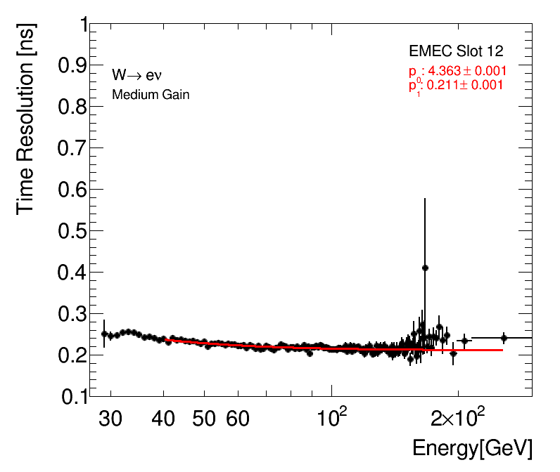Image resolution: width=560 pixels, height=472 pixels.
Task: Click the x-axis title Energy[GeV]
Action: (472, 448)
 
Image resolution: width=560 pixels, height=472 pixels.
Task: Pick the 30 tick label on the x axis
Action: (110, 419)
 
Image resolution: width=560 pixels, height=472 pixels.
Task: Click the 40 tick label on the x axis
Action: (164, 419)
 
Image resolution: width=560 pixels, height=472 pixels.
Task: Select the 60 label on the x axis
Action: (238, 419)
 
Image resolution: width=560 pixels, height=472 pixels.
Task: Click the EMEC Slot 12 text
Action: (456, 52)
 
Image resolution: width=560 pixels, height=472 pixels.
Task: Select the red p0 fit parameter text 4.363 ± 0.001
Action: (457, 71)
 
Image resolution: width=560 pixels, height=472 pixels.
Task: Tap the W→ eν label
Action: (138, 75)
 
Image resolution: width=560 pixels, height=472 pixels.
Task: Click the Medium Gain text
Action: (151, 95)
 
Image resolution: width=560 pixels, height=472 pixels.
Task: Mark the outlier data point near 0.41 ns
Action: (425, 268)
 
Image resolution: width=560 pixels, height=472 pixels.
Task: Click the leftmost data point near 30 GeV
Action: (104, 334)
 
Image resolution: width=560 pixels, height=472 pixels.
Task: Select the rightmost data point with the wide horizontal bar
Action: (504, 338)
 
